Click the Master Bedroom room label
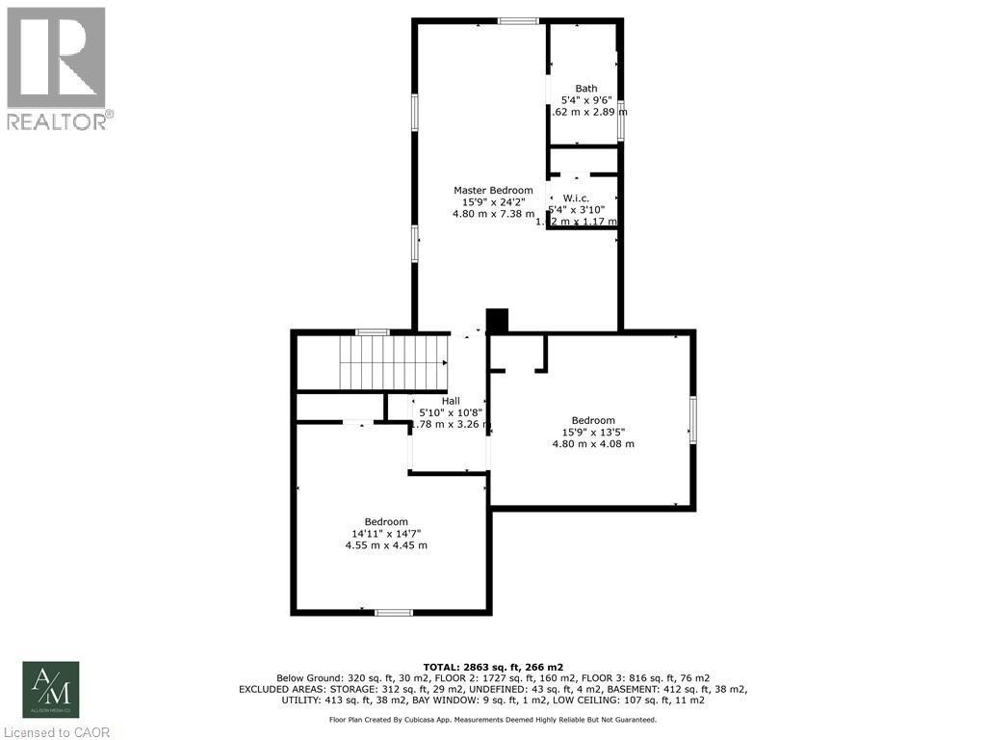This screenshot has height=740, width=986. coord(493,190)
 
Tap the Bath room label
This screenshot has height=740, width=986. coord(585,89)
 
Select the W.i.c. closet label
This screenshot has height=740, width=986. coord(576,198)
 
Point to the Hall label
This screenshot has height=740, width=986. coord(451,401)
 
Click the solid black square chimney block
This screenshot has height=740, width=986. coord(497,321)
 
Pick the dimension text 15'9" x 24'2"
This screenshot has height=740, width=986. coord(493,202)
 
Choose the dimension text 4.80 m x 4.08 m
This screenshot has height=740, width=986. coord(593,443)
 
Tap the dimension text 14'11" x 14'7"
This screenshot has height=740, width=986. coord(386,533)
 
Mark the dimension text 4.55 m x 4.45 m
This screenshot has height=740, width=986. coord(386,545)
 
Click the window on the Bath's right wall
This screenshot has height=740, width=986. coord(622,119)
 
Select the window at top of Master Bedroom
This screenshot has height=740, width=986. coord(518,20)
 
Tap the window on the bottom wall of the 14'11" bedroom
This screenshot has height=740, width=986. coord(393,611)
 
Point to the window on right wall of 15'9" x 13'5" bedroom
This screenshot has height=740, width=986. coord(691,420)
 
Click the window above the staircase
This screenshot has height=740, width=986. coord(372,332)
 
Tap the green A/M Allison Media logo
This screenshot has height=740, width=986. coord(51,689)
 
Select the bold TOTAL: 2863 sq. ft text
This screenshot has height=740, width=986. coord(493,667)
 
